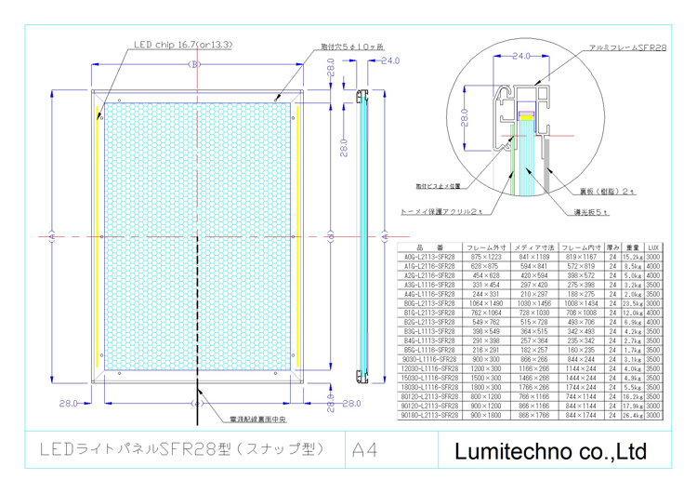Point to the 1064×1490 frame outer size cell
click(x=486, y=303)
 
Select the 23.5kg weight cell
click(x=631, y=303)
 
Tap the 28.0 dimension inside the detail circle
click(x=463, y=117)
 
